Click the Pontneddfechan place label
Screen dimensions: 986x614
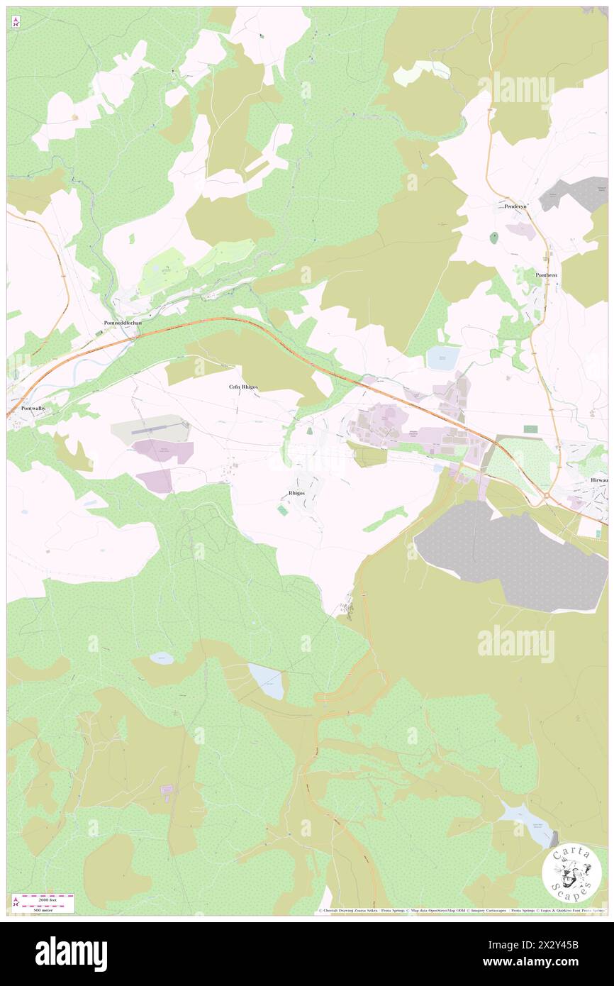click(x=123, y=323)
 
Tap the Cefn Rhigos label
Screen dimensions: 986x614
click(x=242, y=387)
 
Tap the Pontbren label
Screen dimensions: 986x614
click(x=547, y=275)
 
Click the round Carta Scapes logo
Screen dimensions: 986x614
click(x=571, y=875)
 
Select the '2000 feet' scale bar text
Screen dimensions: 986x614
click(x=47, y=897)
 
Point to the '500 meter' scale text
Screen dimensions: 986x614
click(x=47, y=909)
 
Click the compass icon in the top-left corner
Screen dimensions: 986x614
click(x=16, y=23)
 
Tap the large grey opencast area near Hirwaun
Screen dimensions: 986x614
click(x=510, y=557)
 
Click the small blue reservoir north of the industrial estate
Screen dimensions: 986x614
click(x=442, y=359)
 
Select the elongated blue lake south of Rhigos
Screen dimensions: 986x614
click(x=268, y=682)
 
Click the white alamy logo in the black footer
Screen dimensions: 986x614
click(x=71, y=953)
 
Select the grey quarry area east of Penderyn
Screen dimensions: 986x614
click(x=576, y=193)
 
